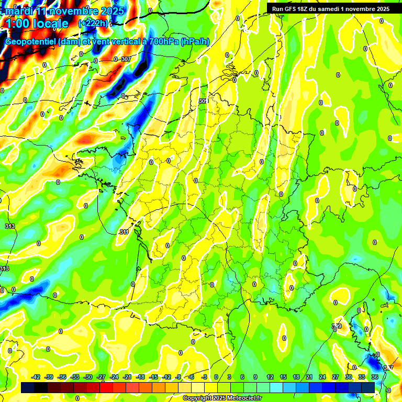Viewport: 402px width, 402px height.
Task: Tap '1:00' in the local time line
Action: (18, 24)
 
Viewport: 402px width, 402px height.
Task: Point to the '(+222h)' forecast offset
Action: (93, 23)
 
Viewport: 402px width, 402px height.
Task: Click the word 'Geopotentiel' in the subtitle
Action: (31, 42)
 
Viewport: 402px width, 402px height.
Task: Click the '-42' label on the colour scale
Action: (36, 377)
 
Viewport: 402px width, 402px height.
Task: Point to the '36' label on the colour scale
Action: (375, 377)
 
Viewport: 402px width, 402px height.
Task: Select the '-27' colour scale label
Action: (102, 377)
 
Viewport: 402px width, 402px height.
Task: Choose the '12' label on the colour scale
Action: (270, 377)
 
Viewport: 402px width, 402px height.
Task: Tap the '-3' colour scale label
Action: (205, 377)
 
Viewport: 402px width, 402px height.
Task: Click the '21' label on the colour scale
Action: (309, 377)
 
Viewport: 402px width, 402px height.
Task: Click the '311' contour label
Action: (124, 232)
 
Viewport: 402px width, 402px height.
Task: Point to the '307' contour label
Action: (126, 59)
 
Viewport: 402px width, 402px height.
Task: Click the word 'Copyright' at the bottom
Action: (196, 398)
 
